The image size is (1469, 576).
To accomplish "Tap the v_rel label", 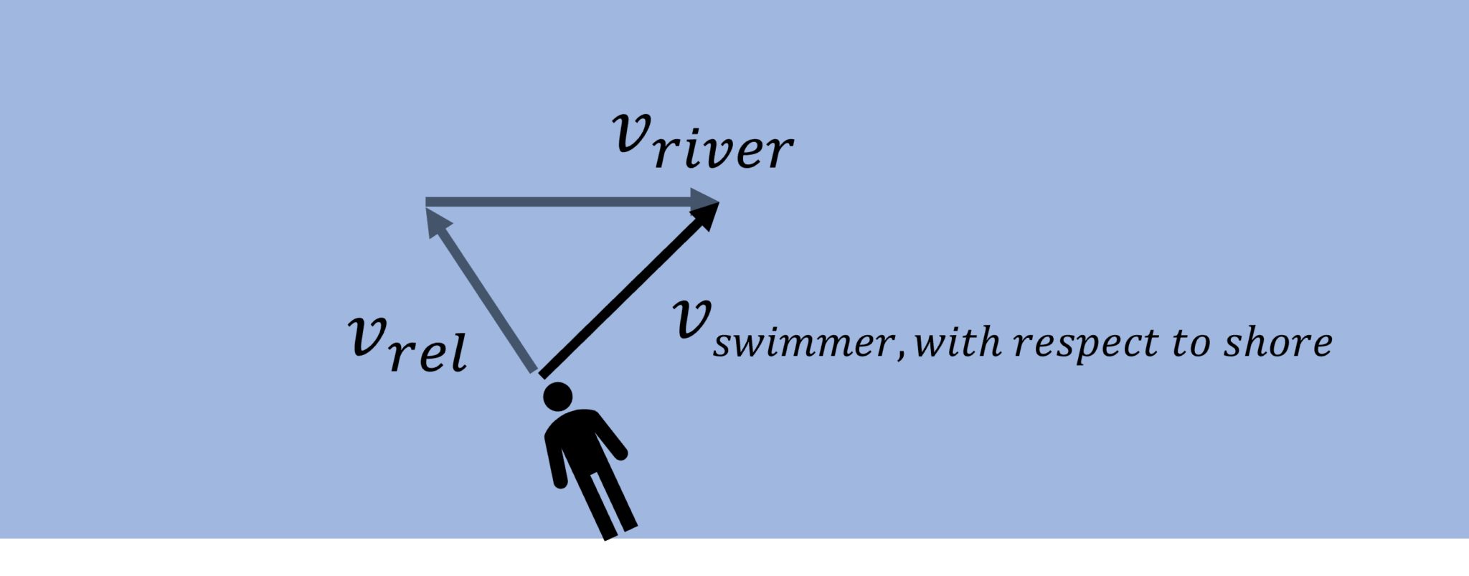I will [407, 344].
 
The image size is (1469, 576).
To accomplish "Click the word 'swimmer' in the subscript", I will [804, 343].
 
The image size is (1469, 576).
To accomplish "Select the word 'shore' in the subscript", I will [1277, 342].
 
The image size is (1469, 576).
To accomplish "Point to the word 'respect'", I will [1086, 344].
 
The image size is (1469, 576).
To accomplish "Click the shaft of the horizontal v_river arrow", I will [559, 202].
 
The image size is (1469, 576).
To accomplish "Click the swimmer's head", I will [557, 397].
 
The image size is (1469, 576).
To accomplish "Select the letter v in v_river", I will [632, 132].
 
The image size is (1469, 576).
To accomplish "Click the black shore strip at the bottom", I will [734, 557].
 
